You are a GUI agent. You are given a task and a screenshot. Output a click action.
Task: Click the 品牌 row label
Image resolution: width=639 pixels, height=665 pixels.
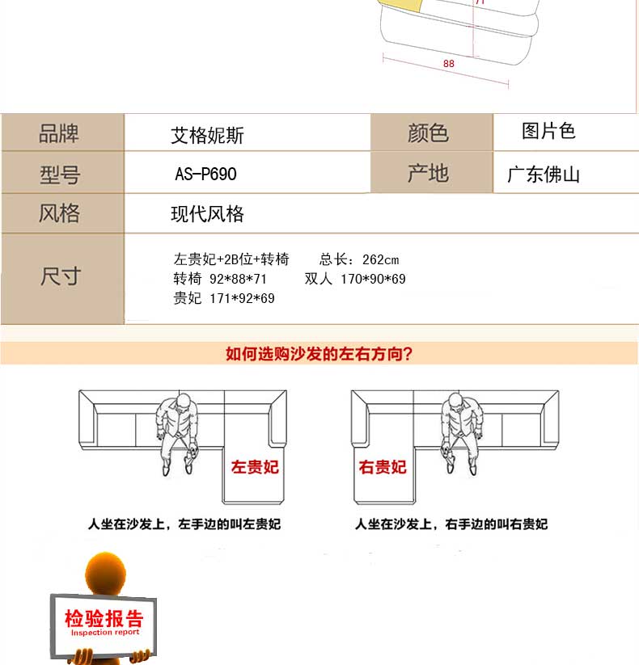[59, 133]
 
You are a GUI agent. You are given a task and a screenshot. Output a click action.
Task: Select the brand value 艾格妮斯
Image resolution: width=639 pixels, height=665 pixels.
[208, 136]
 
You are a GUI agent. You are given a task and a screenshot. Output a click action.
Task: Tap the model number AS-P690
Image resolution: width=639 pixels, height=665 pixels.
[206, 174]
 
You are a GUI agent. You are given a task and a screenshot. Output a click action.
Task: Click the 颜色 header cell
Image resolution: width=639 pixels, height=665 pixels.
[428, 133]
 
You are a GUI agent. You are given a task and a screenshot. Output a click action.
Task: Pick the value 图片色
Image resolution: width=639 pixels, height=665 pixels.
[548, 131]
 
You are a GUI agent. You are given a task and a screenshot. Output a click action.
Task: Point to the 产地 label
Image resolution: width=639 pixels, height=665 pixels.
[428, 173]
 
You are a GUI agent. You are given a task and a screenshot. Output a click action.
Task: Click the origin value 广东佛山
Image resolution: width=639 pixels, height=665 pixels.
[544, 175]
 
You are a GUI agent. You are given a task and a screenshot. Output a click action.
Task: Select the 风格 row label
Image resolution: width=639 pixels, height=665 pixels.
[59, 213]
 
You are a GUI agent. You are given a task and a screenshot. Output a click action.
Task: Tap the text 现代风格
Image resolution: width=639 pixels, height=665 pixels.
[208, 214]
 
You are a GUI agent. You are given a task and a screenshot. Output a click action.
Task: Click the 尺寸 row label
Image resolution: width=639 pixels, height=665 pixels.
[61, 276]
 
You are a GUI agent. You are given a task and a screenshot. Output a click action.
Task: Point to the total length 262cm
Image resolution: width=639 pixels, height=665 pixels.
[380, 259]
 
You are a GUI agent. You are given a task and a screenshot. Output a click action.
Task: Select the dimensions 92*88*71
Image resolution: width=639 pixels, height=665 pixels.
[238, 279]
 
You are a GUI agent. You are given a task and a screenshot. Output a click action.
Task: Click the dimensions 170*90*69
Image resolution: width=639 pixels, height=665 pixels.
[373, 279]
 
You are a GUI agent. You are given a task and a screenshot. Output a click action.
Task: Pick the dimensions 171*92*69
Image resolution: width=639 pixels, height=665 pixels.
[242, 299]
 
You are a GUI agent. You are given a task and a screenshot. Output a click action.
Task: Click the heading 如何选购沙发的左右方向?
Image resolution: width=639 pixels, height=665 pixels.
[319, 353]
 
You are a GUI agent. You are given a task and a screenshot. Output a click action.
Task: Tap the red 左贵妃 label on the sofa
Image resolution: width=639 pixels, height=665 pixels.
[255, 467]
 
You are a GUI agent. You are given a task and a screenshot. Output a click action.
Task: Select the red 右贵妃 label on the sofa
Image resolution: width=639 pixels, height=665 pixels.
[383, 467]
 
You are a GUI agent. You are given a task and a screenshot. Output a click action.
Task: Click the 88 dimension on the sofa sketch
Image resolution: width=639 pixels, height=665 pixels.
[449, 64]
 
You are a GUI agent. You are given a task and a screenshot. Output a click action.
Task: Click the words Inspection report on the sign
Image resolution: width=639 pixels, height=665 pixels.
[105, 633]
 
